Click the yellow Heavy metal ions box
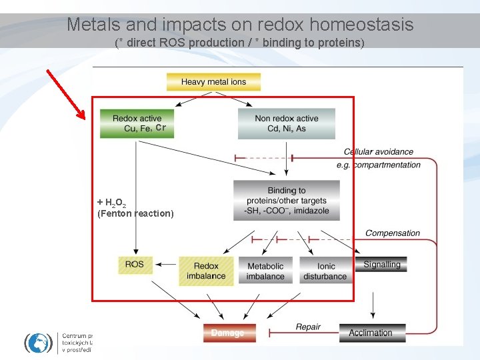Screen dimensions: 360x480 tap(213, 82)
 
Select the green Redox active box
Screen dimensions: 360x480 tap(137, 124)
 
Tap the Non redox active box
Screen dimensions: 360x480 tap(287, 124)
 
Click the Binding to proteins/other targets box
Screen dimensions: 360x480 tap(287, 200)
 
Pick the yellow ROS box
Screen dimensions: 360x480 tap(134, 265)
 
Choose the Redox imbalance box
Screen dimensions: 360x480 tap(207, 271)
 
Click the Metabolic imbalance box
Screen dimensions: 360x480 tap(265, 271)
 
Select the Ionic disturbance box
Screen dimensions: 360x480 tap(325, 271)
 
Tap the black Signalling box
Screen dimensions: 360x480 tap(381, 265)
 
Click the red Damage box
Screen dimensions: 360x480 tap(229, 332)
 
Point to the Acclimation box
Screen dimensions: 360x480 tap(377, 332)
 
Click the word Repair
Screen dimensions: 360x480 tap(308, 327)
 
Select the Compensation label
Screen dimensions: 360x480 tap(393, 233)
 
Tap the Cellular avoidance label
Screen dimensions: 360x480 tap(379, 152)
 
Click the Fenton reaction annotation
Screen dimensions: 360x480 tap(135, 213)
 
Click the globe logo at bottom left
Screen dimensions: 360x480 tap(38, 342)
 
